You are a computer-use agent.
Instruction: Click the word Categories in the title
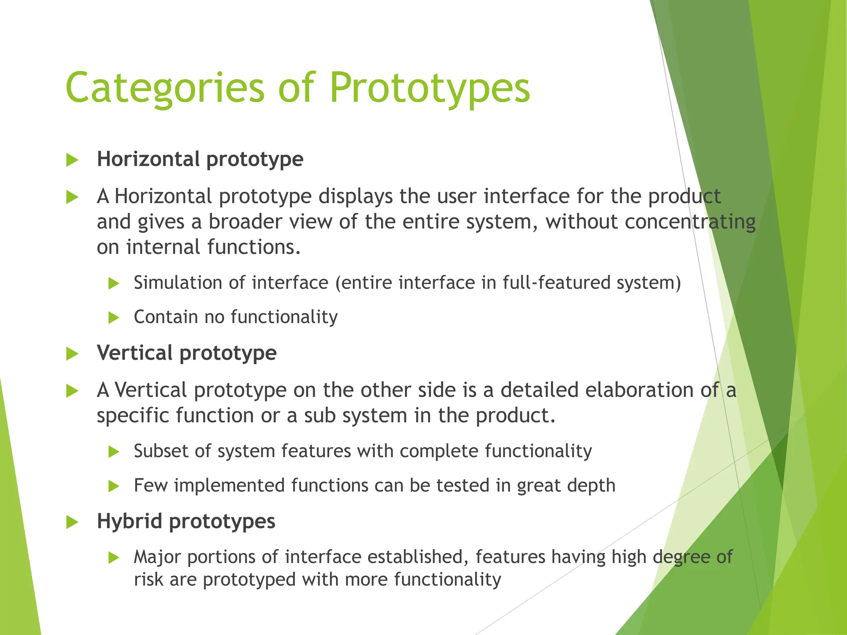click(x=165, y=88)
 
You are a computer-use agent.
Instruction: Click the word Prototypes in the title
click(x=429, y=88)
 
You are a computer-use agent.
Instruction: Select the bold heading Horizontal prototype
click(x=200, y=159)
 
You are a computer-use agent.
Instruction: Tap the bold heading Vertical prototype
click(x=187, y=353)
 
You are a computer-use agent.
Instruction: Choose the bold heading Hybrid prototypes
click(x=186, y=521)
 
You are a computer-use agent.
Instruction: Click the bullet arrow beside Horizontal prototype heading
click(x=72, y=160)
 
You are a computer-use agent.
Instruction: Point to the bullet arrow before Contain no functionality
click(x=113, y=318)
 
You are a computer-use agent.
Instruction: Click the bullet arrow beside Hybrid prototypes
click(x=72, y=522)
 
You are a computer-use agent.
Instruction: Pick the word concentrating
click(x=690, y=222)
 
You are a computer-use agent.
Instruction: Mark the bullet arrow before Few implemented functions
click(x=113, y=486)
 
